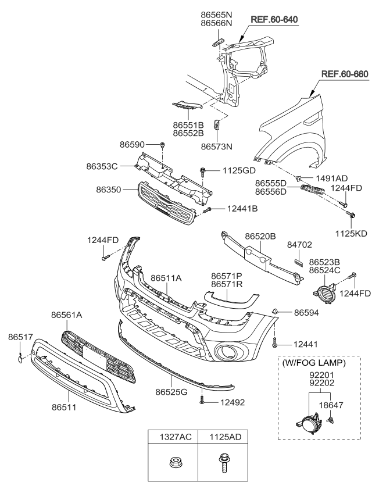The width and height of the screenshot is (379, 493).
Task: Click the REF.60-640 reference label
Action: [x=274, y=20]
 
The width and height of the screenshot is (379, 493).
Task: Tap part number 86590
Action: [x=133, y=144]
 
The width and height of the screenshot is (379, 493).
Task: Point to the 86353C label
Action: [x=102, y=166]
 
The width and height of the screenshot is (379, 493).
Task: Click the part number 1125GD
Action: [x=238, y=171]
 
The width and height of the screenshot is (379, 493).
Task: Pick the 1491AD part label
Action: [x=332, y=178]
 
